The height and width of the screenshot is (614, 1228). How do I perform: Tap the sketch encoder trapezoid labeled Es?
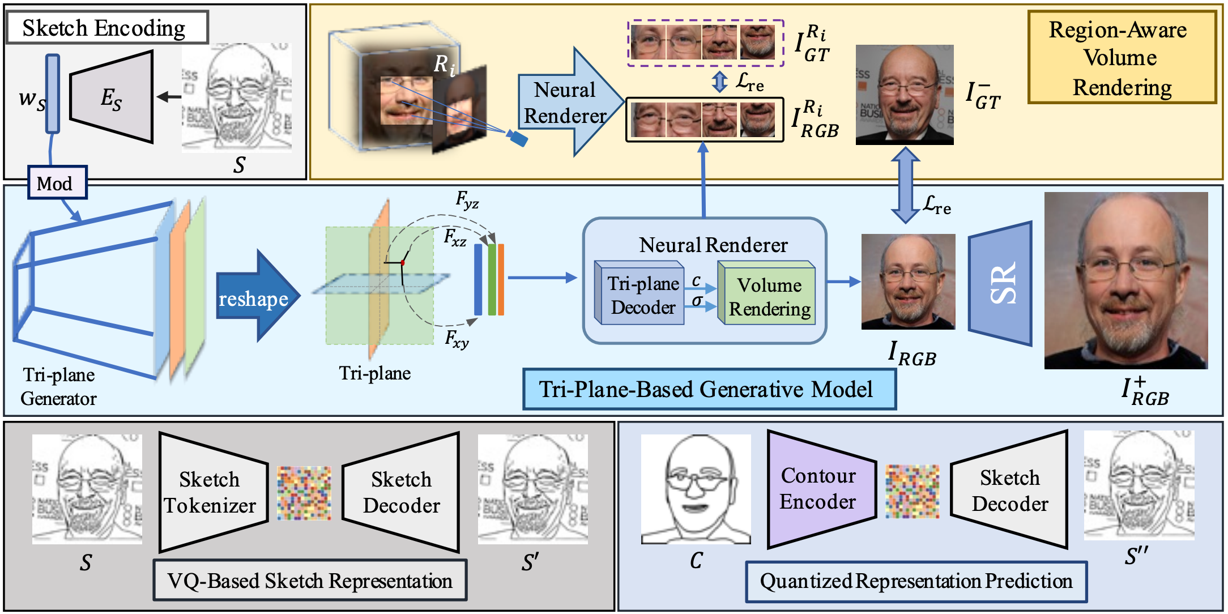(112, 97)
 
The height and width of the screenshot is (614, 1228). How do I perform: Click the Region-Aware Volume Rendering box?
(1122, 58)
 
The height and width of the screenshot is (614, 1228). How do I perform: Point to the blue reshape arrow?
(258, 296)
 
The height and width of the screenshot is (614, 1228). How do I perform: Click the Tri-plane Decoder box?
(640, 293)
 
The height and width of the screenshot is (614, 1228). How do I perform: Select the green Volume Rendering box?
(767, 293)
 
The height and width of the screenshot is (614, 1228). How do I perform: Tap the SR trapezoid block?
(1000, 283)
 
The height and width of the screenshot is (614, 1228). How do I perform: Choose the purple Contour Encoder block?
(821, 489)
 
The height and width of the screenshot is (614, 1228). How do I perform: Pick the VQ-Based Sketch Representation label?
(310, 581)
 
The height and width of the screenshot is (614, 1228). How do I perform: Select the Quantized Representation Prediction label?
(916, 581)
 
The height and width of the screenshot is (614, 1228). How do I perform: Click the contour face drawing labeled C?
(696, 489)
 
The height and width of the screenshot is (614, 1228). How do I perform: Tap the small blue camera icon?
(517, 138)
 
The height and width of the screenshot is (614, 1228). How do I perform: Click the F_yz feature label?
(467, 200)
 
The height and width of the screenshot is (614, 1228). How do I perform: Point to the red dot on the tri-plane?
(403, 262)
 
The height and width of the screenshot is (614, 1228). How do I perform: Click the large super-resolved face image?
(1126, 281)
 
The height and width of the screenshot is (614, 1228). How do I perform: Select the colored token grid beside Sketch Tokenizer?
(304, 493)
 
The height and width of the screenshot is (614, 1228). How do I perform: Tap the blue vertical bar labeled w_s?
(53, 93)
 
